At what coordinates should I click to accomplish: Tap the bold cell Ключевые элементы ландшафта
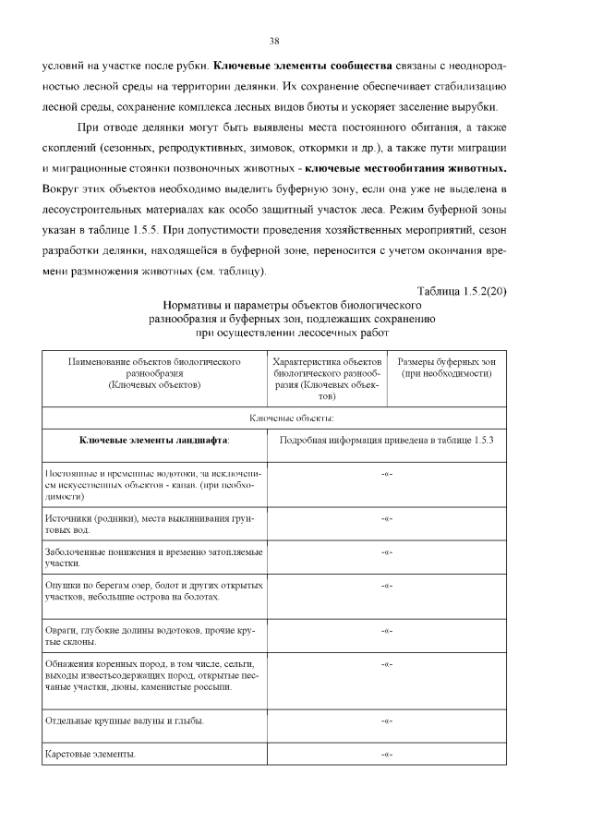[x=154, y=441]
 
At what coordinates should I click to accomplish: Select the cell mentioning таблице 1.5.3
[x=387, y=441]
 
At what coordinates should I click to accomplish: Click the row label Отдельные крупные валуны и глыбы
[x=125, y=720]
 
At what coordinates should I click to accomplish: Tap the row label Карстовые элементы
[x=90, y=755]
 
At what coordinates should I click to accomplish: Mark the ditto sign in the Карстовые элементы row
[x=387, y=755]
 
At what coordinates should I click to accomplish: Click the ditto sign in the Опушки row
[x=387, y=586]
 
